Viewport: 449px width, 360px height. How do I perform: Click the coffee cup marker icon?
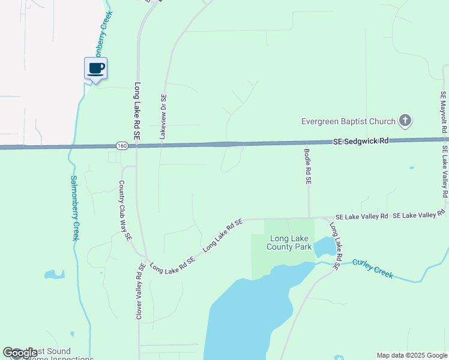[x=95, y=68]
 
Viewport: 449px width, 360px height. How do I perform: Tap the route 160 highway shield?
[x=121, y=146]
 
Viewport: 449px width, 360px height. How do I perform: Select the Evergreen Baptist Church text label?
[x=348, y=122]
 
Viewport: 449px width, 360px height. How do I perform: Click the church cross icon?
[x=405, y=121]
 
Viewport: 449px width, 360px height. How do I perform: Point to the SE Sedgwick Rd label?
[x=361, y=141]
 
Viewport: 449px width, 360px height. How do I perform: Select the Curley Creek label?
[x=373, y=268]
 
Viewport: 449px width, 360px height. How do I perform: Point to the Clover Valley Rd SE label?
[x=139, y=291]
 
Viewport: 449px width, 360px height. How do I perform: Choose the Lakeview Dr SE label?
[x=163, y=117]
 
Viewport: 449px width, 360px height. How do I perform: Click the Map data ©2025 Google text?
[x=412, y=355]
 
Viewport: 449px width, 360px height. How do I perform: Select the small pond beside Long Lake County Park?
[x=325, y=247]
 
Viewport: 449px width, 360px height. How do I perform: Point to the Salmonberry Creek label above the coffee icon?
[x=98, y=31]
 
